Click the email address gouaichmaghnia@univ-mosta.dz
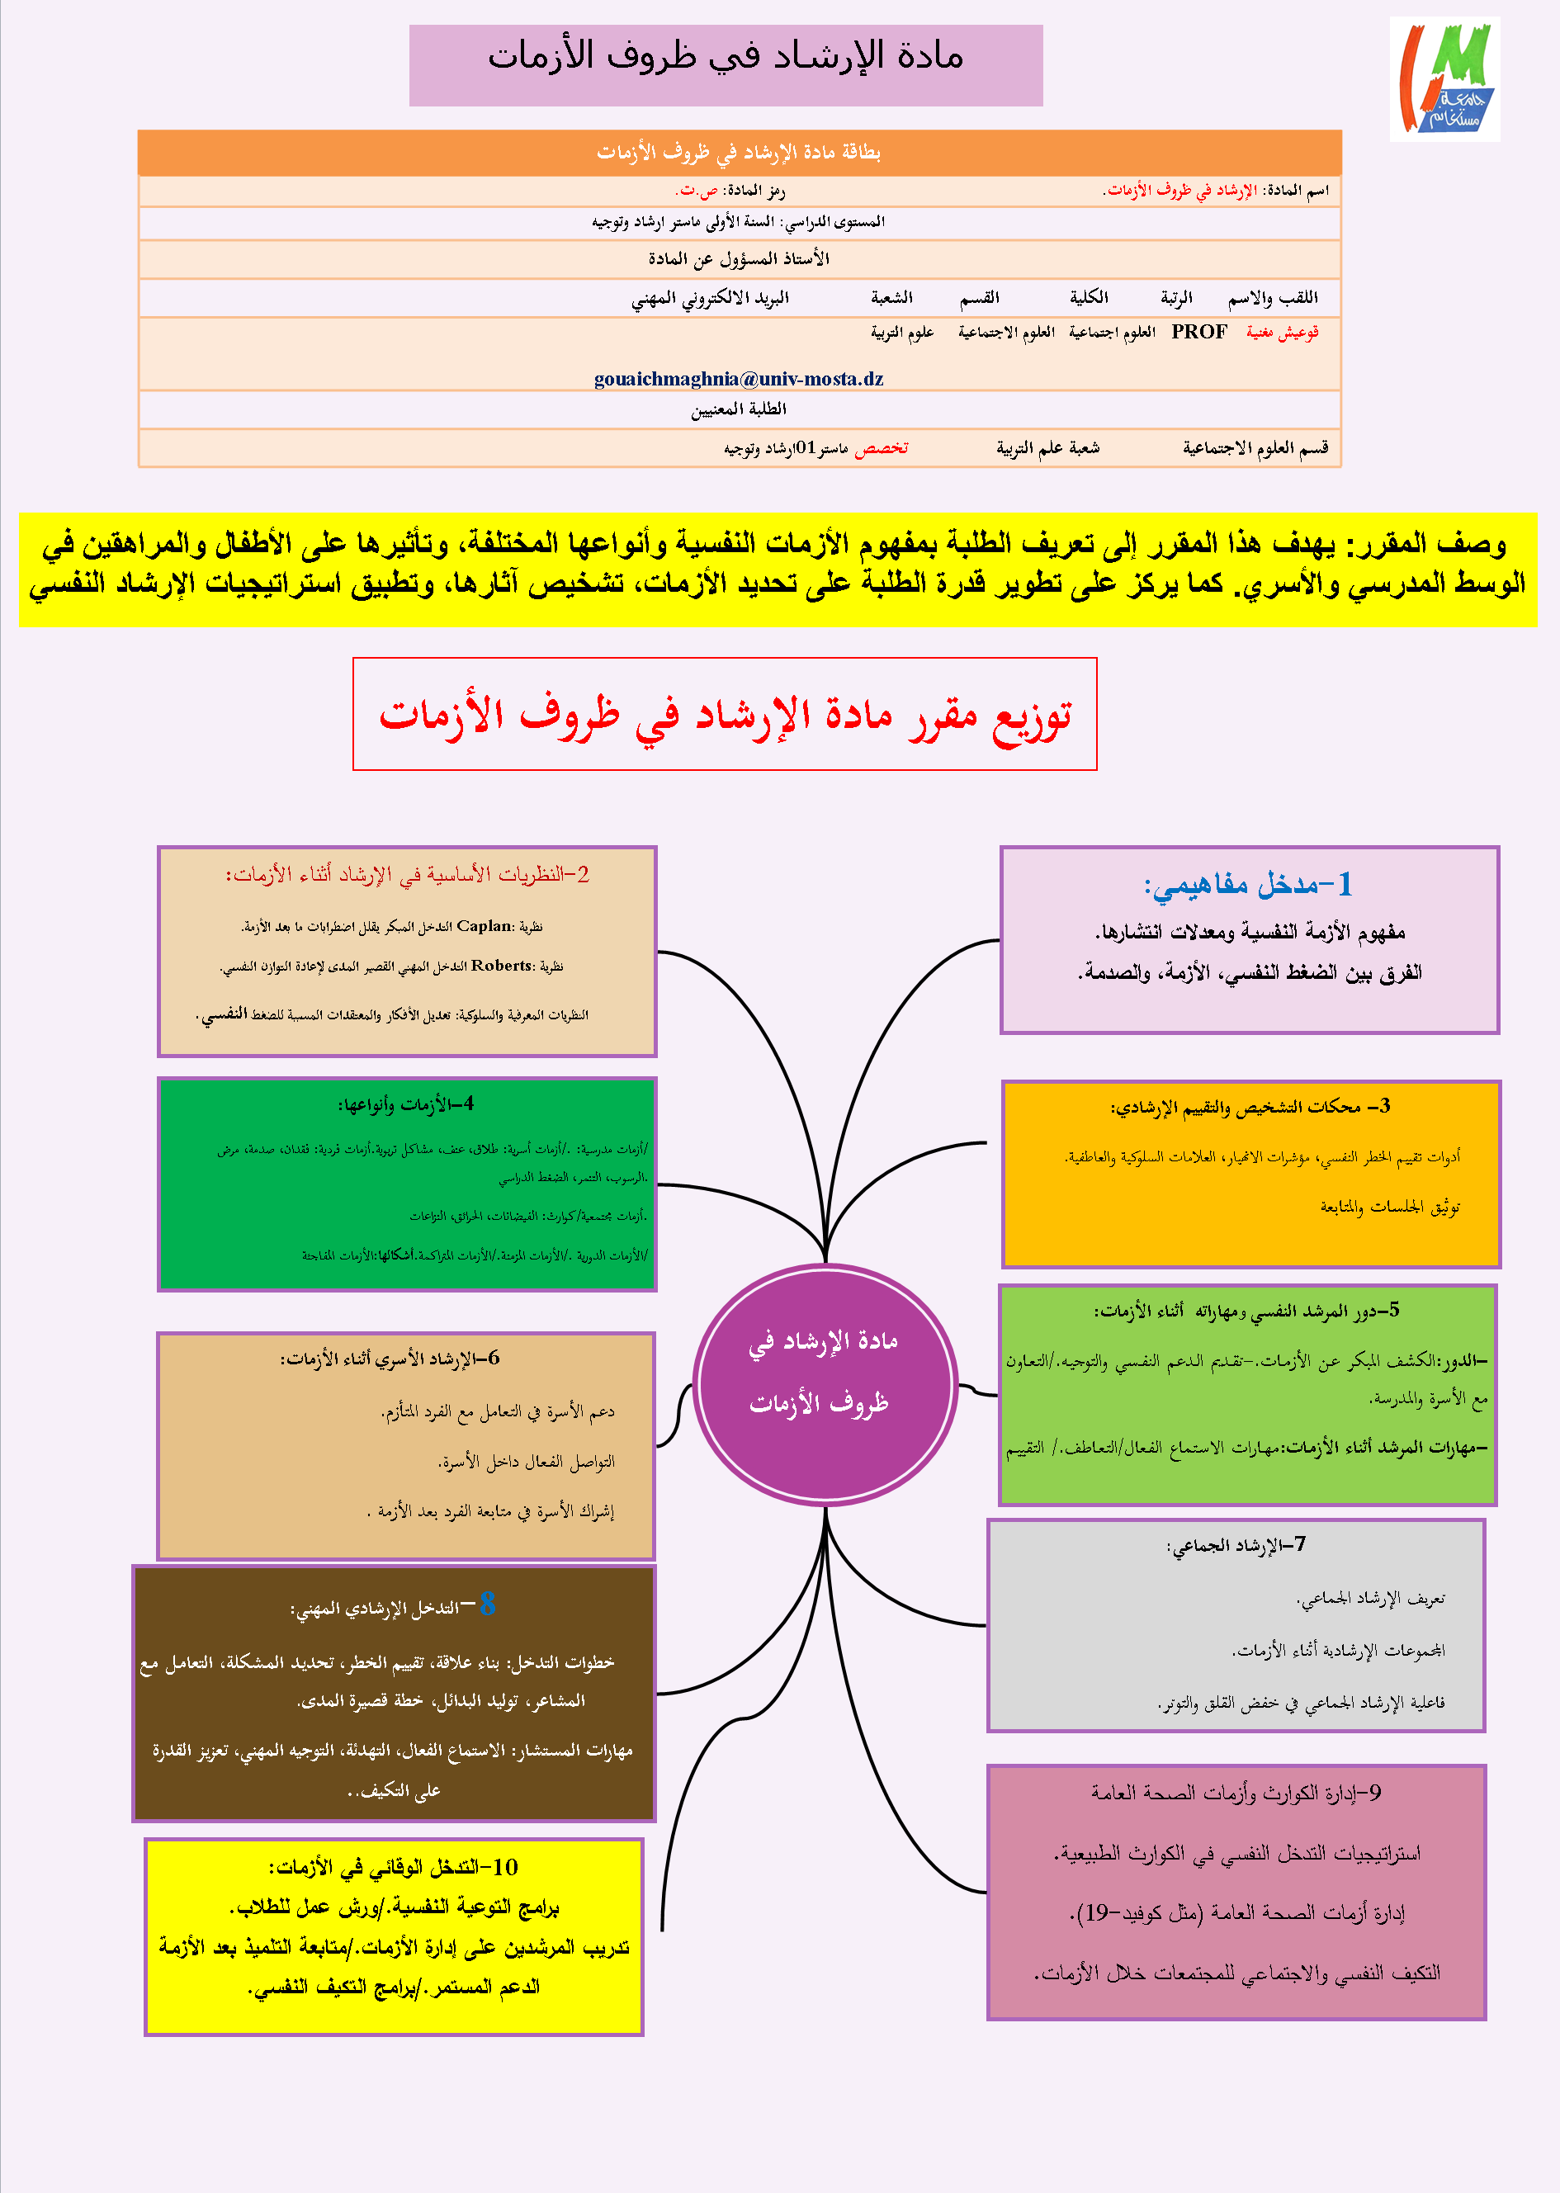click(x=738, y=379)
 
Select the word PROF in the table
click(x=1198, y=333)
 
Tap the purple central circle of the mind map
click(x=825, y=1384)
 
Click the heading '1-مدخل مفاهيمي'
click(x=1248, y=885)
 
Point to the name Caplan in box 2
click(x=483, y=926)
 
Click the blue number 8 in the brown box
click(x=487, y=1603)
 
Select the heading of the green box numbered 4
click(x=405, y=1104)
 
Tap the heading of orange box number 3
click(x=1250, y=1107)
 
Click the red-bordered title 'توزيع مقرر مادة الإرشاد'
click(x=725, y=714)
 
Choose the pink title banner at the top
click(x=726, y=64)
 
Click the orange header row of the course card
click(x=739, y=152)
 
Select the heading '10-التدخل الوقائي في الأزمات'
click(x=393, y=1866)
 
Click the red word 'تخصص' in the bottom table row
click(x=881, y=447)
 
